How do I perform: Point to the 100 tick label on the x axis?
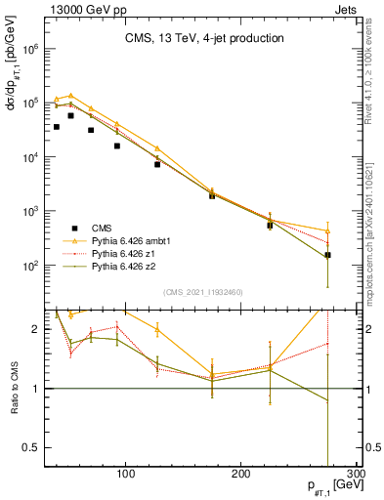point(125,475)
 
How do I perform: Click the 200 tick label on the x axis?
point(242,475)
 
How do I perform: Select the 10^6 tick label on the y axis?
point(29,48)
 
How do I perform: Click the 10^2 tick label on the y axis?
point(29,266)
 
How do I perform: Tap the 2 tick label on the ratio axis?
point(35,330)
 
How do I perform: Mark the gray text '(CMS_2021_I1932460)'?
point(203,291)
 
